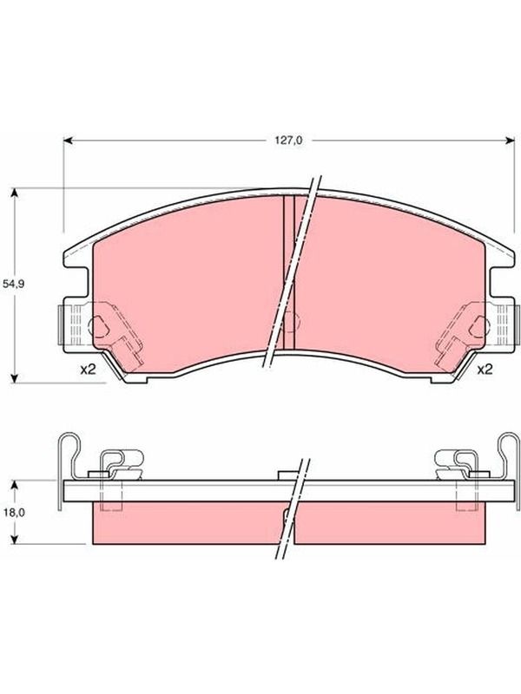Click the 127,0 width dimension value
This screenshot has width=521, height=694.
coord(290,141)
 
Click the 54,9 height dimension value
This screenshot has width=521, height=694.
coord(13,285)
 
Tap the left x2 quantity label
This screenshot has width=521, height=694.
coord(89,370)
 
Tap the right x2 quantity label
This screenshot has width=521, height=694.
coord(485,370)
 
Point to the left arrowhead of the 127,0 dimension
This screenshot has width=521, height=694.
coord(68,141)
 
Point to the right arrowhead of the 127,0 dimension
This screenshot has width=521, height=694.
coord(511,141)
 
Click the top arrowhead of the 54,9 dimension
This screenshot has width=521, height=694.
coord(15,193)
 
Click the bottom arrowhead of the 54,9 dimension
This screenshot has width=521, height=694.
coord(15,378)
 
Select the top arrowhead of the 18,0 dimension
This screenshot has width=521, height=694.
coord(15,485)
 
